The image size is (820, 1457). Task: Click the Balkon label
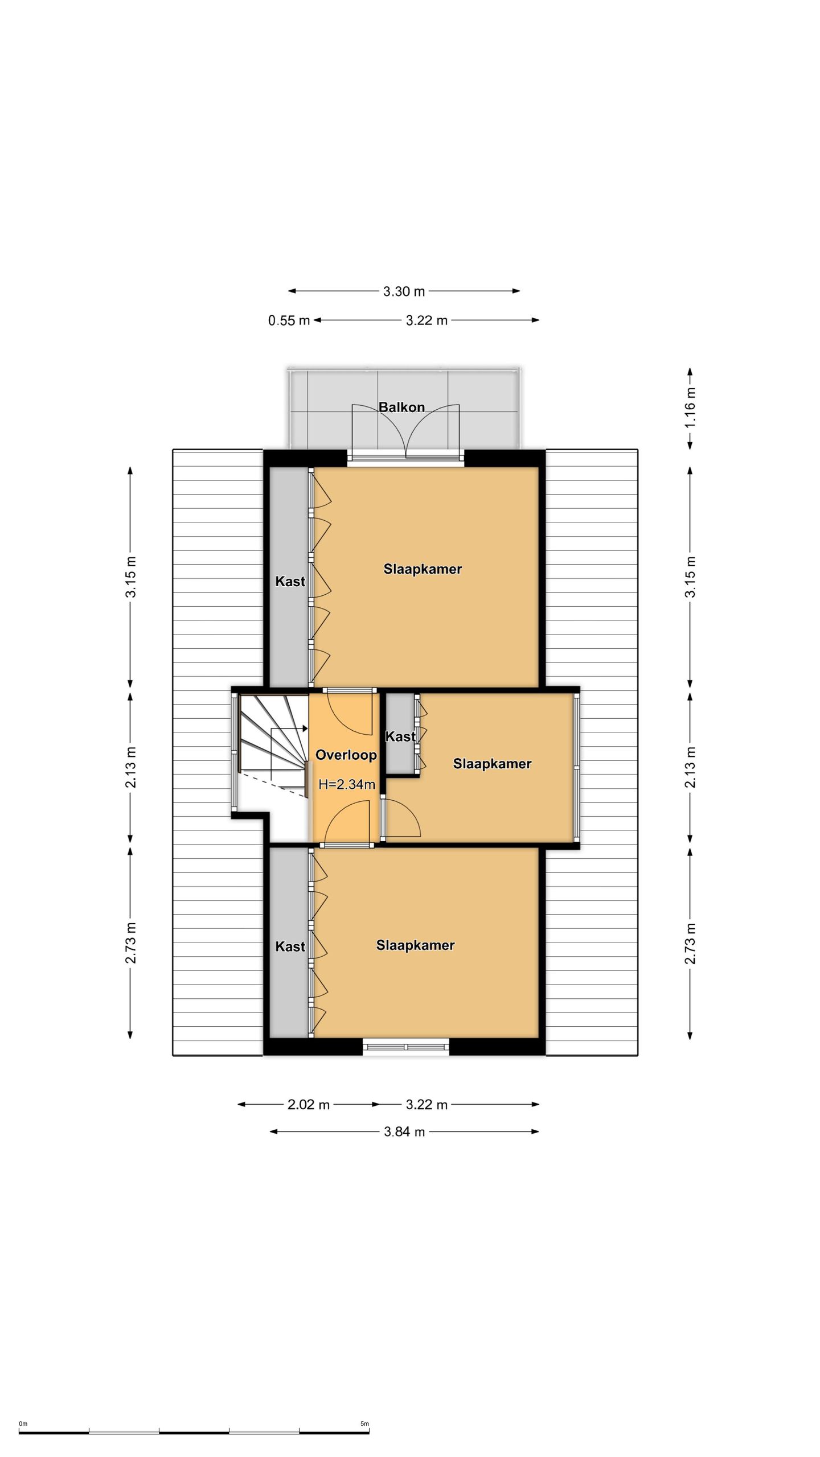tap(401, 407)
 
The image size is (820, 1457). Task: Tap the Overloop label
tap(346, 755)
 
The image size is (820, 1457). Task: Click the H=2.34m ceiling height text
tap(346, 784)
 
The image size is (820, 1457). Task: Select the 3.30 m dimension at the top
tap(404, 291)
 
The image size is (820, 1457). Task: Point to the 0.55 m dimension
tap(289, 320)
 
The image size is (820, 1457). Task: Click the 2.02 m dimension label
tap(309, 1105)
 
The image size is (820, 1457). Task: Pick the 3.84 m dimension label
tap(404, 1131)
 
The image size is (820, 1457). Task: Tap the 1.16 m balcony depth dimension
tap(690, 408)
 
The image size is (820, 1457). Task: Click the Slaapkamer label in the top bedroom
tap(423, 569)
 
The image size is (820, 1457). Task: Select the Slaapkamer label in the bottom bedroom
tap(415, 945)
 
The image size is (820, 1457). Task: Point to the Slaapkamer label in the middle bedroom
tap(492, 763)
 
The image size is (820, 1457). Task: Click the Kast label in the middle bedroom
tap(400, 736)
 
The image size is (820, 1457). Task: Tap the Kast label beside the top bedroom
tap(290, 581)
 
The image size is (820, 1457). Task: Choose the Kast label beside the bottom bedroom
tap(290, 946)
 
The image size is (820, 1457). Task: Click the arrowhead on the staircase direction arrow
tap(305, 728)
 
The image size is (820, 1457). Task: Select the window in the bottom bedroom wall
tap(406, 1046)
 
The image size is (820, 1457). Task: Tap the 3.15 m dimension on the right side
tap(690, 577)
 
